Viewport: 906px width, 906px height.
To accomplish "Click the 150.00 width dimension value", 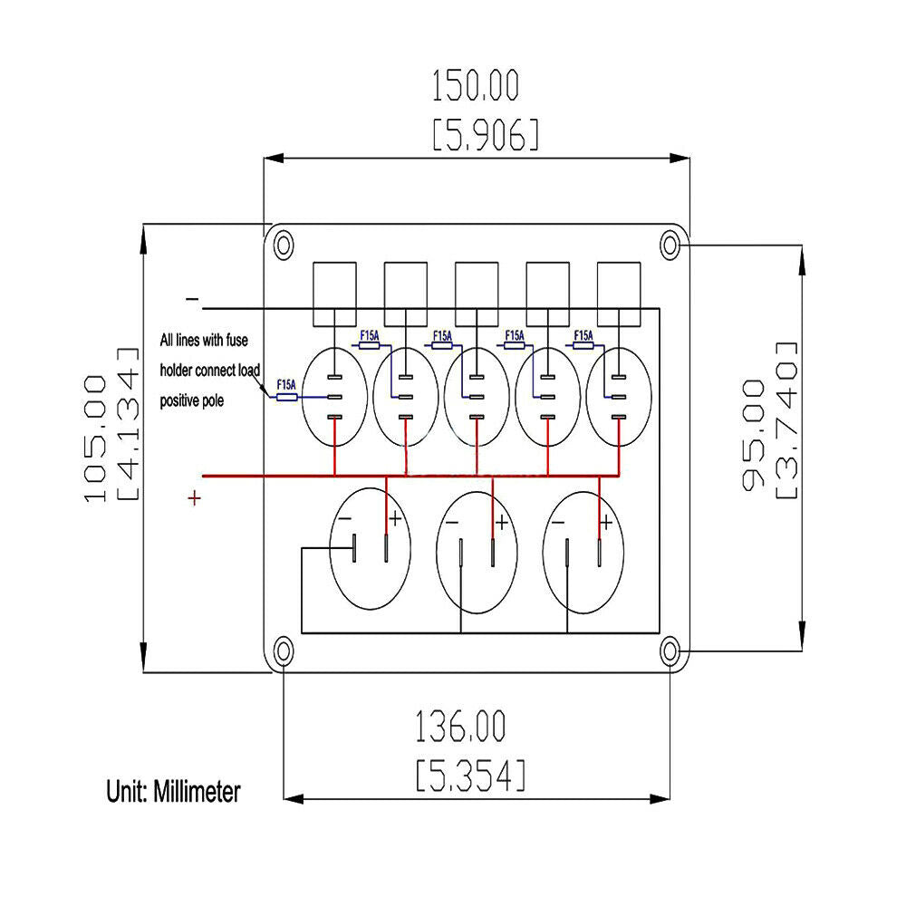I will point(476,87).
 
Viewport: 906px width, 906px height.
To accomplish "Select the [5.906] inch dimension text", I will point(485,135).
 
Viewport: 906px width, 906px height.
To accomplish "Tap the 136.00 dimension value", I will point(460,728).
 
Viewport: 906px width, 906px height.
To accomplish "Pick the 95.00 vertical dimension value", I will point(753,435).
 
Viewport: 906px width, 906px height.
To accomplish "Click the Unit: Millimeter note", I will point(174,792).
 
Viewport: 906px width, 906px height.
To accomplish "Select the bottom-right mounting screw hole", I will point(670,650).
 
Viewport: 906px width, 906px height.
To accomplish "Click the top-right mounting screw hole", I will point(670,244).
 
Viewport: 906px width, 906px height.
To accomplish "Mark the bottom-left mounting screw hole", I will point(284,650).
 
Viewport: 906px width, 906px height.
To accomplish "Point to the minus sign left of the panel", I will point(192,299).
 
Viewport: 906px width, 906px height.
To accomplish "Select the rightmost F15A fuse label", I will point(583,335).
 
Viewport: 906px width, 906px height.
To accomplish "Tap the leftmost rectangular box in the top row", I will point(335,294).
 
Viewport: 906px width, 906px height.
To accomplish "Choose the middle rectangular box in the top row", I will point(477,294).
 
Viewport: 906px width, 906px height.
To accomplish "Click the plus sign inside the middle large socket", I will point(501,523).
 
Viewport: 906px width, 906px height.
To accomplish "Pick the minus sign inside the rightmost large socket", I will point(558,523).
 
